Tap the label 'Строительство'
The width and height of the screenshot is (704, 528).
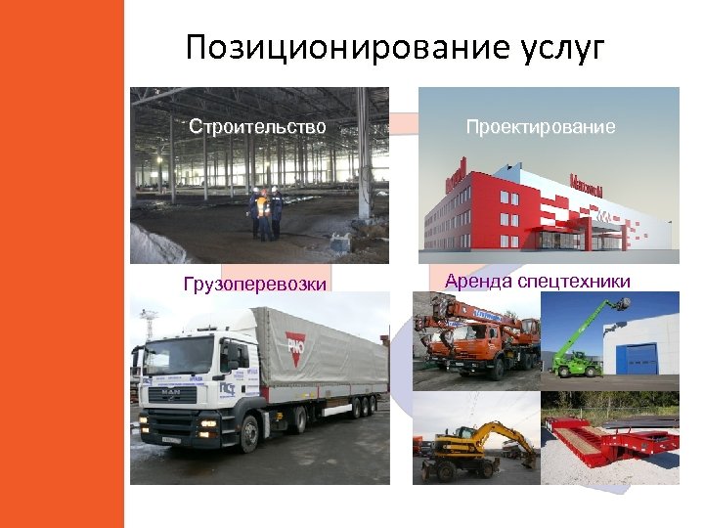[257, 127]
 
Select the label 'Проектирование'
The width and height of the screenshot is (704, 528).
[541, 127]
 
